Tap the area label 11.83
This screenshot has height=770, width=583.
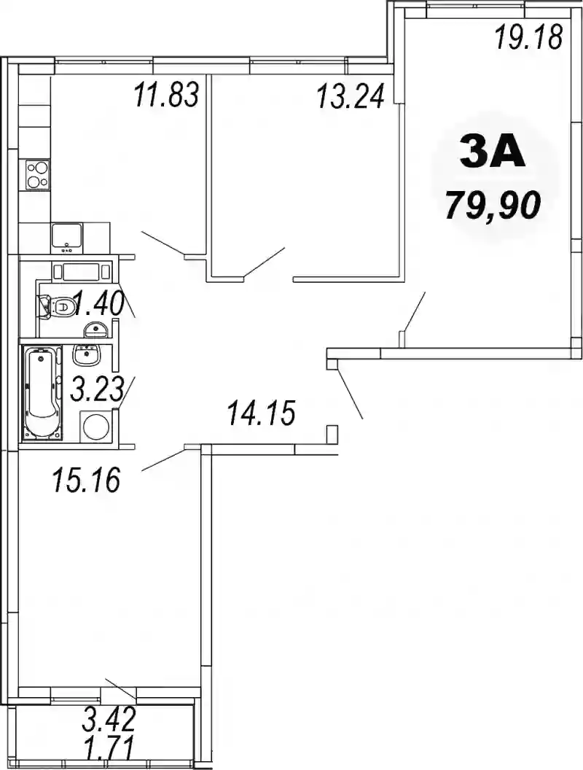click(167, 95)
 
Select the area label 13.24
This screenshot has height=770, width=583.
click(350, 96)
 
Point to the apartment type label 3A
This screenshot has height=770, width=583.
click(492, 153)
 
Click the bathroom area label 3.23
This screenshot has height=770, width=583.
click(96, 389)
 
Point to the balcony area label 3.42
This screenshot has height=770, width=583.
click(109, 720)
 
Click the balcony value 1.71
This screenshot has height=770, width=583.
click(109, 751)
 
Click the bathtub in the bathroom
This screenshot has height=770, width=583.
click(42, 392)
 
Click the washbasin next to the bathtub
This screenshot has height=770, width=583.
click(87, 354)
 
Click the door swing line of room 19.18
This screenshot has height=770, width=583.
click(415, 311)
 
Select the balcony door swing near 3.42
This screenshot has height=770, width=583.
click(121, 689)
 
